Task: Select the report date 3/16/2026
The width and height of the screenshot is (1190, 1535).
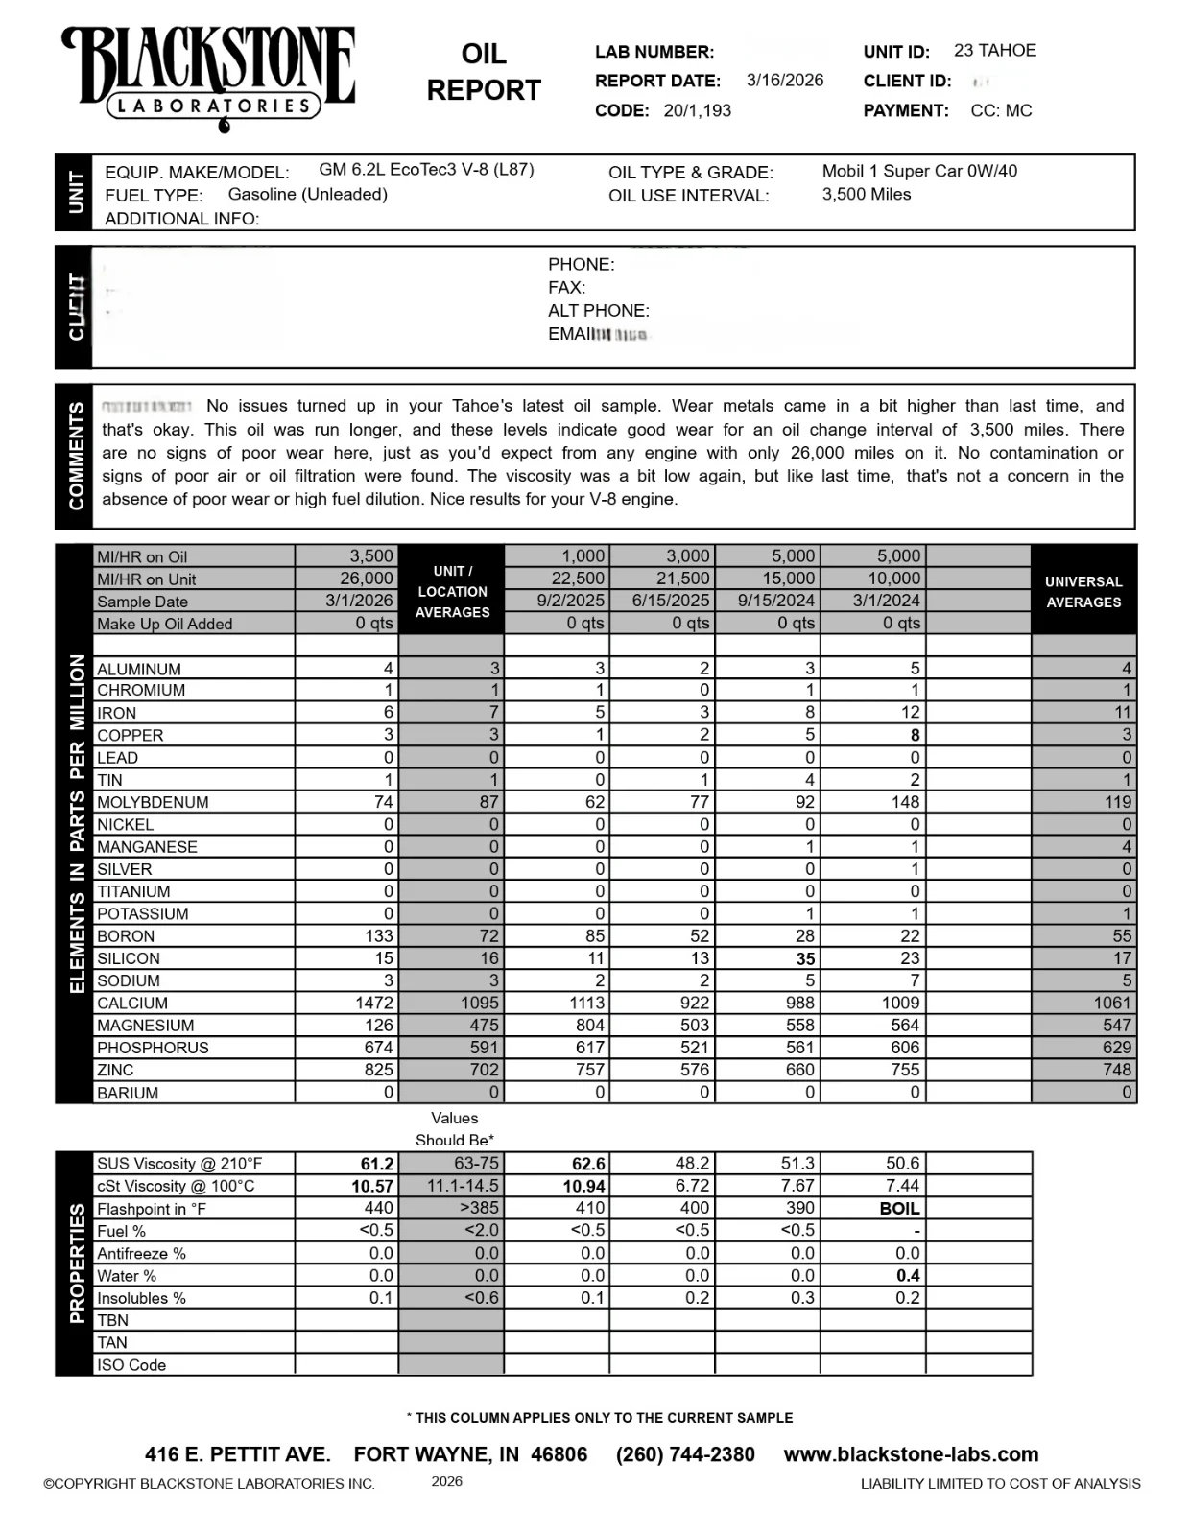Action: (x=784, y=81)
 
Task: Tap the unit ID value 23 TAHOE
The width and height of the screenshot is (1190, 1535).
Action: (x=994, y=51)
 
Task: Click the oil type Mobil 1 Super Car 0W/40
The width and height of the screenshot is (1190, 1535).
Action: (x=918, y=172)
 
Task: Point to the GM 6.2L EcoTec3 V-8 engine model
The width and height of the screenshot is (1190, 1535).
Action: (x=426, y=170)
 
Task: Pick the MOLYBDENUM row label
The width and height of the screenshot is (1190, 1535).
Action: (x=152, y=803)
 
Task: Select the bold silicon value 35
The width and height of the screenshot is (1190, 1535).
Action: (x=804, y=958)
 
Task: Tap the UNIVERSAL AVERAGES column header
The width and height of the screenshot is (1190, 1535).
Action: (x=1083, y=592)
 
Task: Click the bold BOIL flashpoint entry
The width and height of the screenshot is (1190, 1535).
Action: (x=899, y=1209)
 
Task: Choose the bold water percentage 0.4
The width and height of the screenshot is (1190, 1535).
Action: (x=907, y=1276)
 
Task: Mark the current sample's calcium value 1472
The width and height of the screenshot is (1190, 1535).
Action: (x=373, y=1004)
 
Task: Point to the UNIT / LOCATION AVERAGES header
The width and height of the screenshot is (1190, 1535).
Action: (x=452, y=592)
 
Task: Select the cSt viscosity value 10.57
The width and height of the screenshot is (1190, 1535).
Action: (x=371, y=1187)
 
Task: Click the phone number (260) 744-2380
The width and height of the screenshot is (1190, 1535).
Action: (x=685, y=1454)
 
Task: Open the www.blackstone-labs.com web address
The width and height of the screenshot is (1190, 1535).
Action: (x=911, y=1454)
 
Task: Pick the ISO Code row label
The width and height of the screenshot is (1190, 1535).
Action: (x=131, y=1365)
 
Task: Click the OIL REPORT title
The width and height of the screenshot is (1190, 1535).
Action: (x=484, y=72)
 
